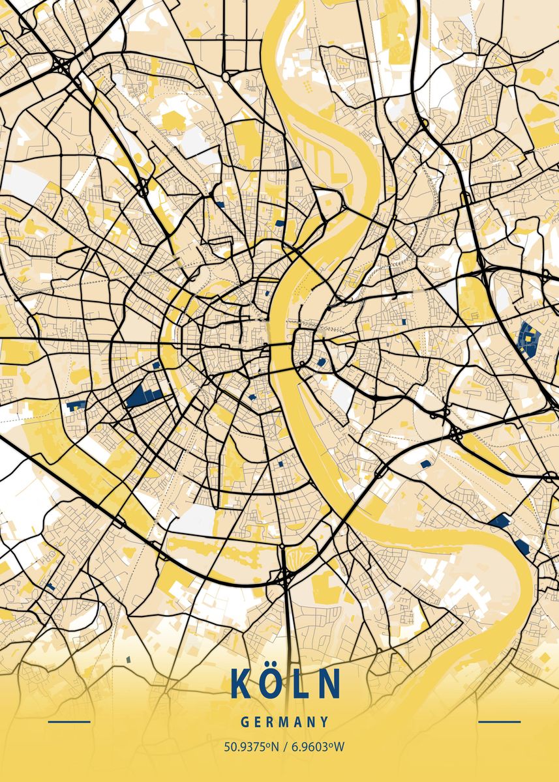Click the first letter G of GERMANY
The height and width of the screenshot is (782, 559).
[244, 722]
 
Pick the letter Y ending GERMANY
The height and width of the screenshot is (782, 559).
[324, 722]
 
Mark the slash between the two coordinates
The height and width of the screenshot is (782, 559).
[283, 746]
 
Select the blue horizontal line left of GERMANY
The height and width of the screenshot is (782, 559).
[69, 722]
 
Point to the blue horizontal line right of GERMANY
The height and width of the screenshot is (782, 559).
[499, 722]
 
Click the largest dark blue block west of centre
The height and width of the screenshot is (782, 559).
[143, 396]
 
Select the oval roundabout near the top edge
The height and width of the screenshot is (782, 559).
[226, 76]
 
